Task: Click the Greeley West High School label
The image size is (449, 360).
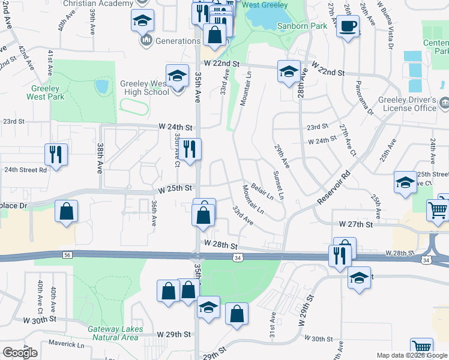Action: coord(140,88)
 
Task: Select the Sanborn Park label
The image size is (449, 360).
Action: coord(302,26)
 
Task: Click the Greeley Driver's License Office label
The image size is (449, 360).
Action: coord(406,104)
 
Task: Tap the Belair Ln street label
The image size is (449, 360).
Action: coord(262,191)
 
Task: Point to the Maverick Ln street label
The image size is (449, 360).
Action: coord(67,344)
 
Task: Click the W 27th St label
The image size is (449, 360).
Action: coord(356,224)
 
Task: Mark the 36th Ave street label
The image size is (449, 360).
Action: coord(154,213)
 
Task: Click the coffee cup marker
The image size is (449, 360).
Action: coord(348,26)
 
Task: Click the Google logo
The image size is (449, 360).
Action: coord(20,353)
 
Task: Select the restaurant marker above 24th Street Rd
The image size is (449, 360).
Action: coord(56,154)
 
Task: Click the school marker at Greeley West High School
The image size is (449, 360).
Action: coord(178,76)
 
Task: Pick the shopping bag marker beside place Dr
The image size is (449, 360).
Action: coord(66,211)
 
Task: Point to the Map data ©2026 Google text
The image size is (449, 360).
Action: coord(412,355)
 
